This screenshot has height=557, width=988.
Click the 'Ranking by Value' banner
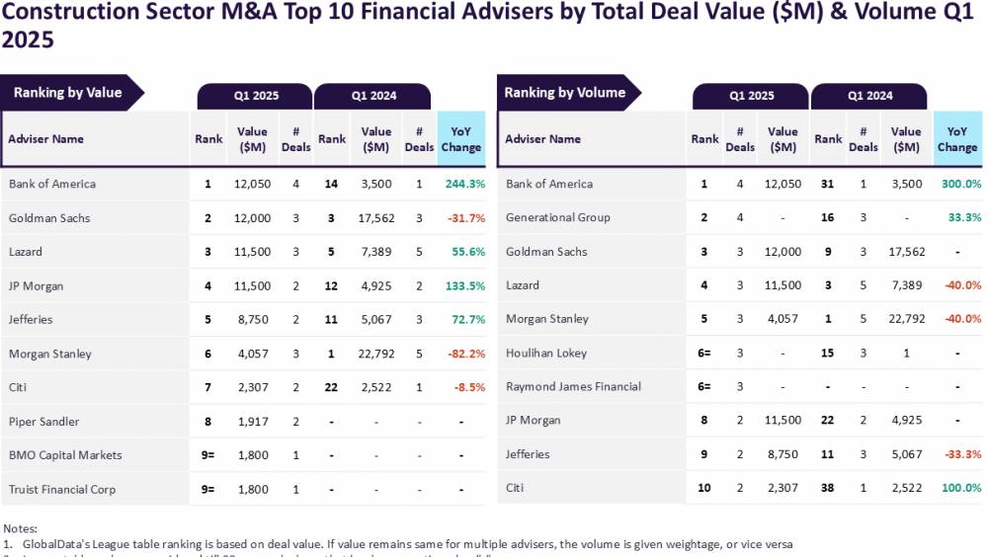[68, 93]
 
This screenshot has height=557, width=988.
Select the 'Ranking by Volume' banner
[565, 93]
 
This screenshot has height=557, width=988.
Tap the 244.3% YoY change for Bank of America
[465, 184]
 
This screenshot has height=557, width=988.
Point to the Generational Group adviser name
[558, 217]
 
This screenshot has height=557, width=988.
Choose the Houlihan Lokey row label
[546, 353]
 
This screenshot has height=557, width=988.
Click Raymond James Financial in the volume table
[573, 386]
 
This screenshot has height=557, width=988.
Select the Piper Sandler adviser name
[43, 422]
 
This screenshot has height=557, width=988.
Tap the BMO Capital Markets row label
[65, 455]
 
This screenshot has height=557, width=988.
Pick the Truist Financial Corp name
[62, 489]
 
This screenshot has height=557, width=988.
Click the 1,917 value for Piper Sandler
[253, 422]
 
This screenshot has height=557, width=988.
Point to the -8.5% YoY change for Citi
[469, 387]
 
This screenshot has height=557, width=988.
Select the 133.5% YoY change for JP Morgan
[465, 285]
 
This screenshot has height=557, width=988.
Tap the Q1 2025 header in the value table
[256, 96]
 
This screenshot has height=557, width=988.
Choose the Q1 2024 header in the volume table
[869, 96]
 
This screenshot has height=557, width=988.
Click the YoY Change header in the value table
[460, 139]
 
